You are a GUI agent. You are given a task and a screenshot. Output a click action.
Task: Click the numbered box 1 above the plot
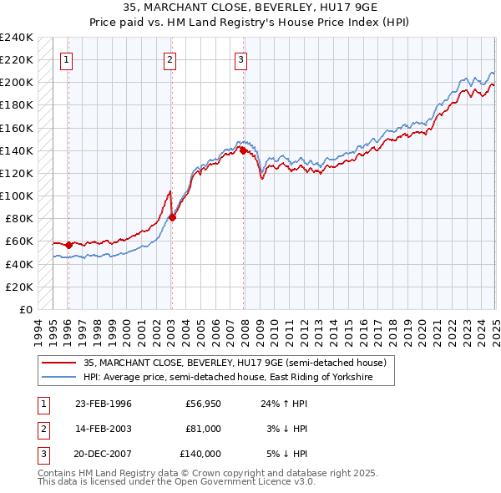(66, 59)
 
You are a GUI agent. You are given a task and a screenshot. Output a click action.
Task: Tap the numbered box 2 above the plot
(170, 59)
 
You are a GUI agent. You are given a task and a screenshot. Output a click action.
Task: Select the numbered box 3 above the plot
(240, 59)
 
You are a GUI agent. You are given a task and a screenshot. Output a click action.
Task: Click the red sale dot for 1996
(68, 245)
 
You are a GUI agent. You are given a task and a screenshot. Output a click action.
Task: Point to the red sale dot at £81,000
(172, 217)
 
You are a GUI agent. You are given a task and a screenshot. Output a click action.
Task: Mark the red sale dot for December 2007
(243, 150)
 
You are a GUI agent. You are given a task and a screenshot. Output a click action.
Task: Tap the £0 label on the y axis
(26, 309)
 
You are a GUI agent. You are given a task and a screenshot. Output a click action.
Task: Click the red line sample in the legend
(59, 363)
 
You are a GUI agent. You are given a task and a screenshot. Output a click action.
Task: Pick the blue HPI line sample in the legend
(59, 378)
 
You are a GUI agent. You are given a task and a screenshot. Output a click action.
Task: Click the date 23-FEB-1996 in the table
(104, 404)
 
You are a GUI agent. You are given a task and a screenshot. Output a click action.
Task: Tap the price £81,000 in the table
(204, 429)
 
